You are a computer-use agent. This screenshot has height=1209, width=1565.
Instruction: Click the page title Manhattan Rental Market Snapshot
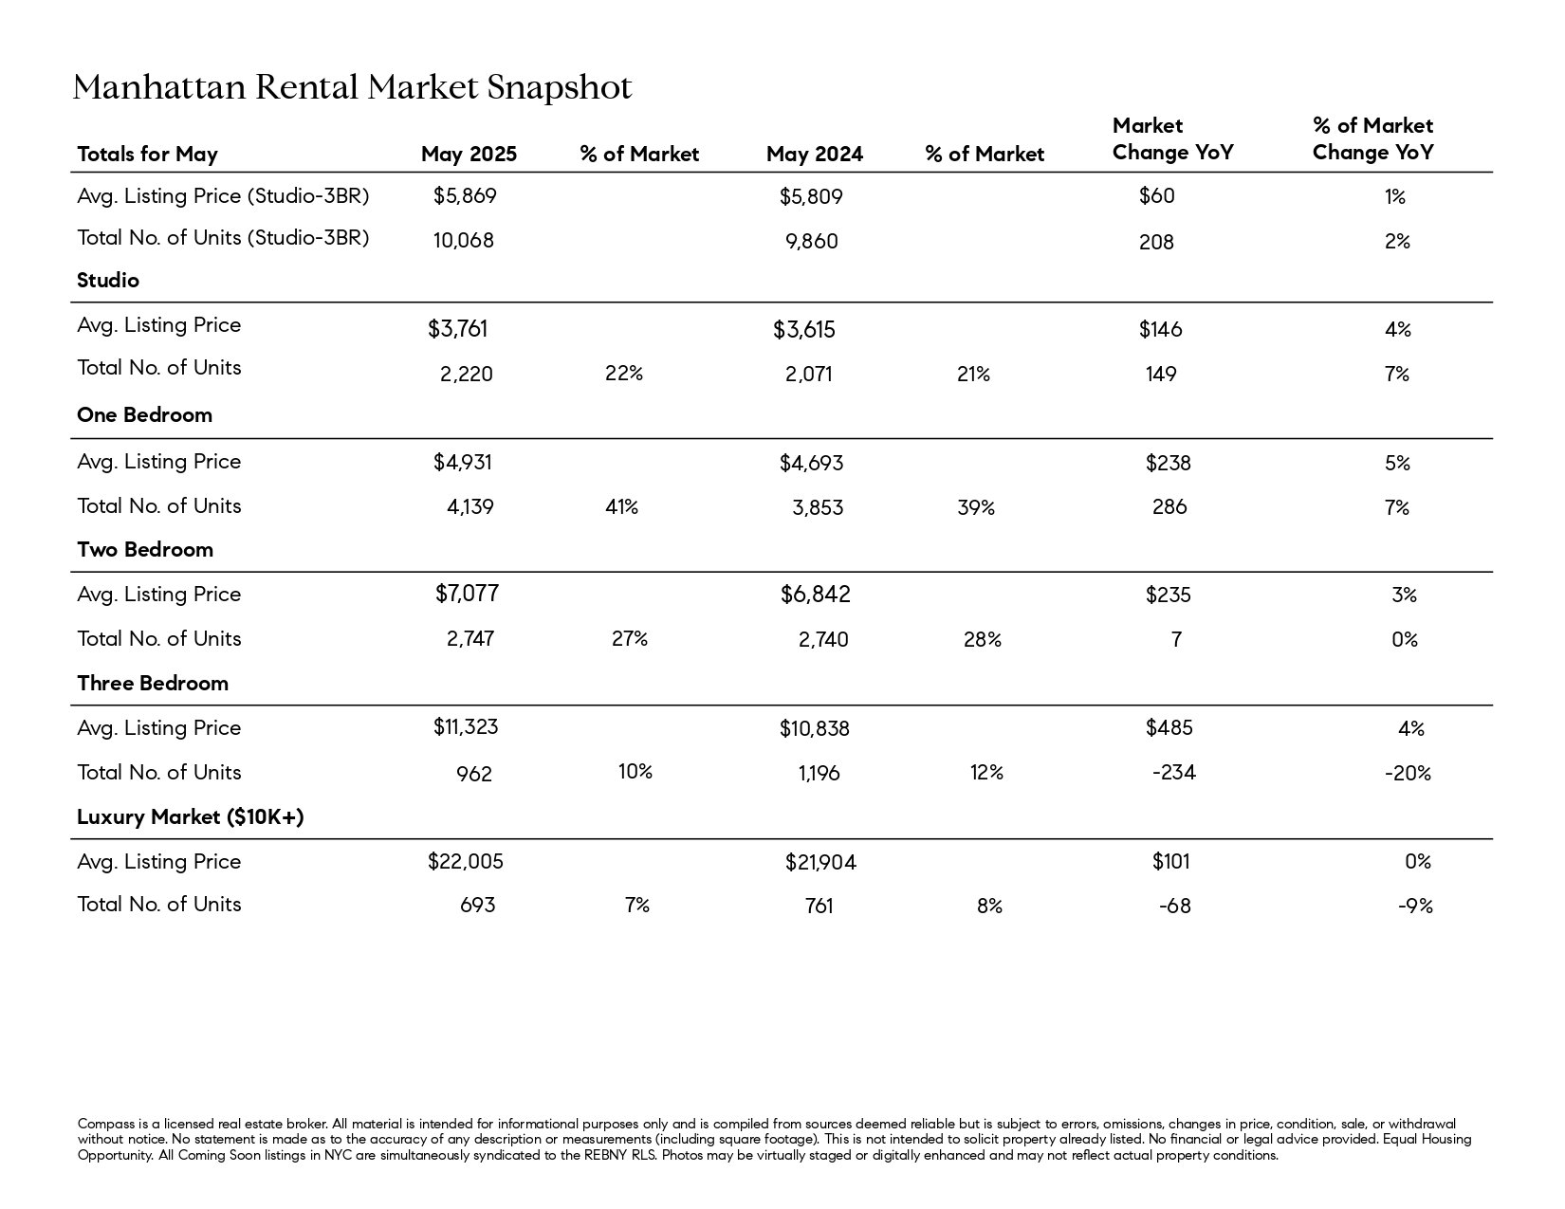tap(352, 87)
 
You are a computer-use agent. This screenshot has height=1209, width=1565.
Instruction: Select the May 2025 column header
tap(469, 155)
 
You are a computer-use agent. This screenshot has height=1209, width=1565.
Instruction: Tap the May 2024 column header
tap(815, 155)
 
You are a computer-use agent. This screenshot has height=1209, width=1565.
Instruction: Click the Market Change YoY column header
tap(1172, 139)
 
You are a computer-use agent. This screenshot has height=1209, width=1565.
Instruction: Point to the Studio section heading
tap(108, 280)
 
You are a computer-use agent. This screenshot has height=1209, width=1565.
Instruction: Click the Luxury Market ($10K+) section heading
tap(190, 817)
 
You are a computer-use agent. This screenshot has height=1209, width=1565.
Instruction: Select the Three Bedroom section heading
tap(153, 684)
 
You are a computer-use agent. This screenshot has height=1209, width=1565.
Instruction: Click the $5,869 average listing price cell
tap(465, 196)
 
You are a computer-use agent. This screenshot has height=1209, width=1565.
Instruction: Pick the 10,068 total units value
tap(463, 241)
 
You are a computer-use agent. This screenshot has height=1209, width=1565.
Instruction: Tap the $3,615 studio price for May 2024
tap(803, 330)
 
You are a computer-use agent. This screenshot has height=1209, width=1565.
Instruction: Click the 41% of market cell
tap(621, 507)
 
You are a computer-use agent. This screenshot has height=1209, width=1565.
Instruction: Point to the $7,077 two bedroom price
tap(467, 594)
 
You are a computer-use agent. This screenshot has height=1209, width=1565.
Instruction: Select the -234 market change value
tap(1174, 773)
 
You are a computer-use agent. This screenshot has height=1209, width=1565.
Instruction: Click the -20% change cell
tap(1408, 774)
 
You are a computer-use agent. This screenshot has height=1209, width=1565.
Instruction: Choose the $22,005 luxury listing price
tap(466, 861)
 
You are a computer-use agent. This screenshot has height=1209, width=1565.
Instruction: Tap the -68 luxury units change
tap(1174, 906)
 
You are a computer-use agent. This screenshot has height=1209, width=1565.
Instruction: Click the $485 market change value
tap(1169, 728)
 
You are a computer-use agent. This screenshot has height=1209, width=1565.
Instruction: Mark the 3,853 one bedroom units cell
tap(818, 508)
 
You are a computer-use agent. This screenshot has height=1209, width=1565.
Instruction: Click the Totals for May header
tap(148, 155)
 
